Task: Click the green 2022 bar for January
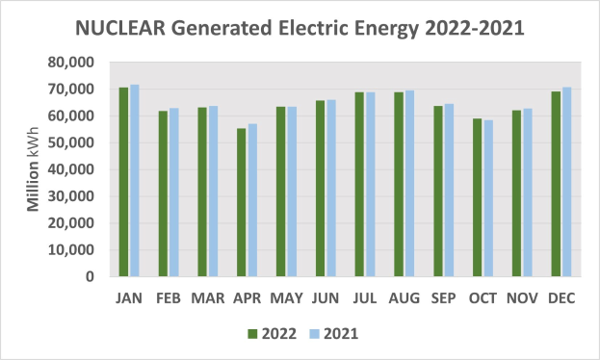(x=123, y=182)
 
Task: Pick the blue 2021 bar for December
(x=566, y=182)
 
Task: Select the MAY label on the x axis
(x=286, y=298)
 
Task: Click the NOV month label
(x=521, y=298)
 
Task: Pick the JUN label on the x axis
(x=326, y=298)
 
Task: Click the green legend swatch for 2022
(x=253, y=334)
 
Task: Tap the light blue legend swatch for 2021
(x=314, y=334)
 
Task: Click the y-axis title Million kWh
(x=32, y=168)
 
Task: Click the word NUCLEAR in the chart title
(x=123, y=28)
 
